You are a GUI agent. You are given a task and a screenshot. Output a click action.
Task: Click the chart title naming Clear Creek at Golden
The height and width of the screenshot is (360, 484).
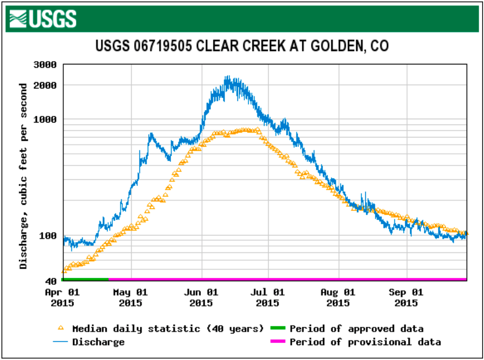point(242,46)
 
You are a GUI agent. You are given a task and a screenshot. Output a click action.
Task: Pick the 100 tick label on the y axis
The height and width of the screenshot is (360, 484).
point(49,236)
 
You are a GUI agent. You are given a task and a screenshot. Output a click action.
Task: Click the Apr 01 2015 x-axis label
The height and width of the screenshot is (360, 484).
point(62,298)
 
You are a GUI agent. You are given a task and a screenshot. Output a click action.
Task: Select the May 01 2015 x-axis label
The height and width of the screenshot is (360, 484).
point(131,298)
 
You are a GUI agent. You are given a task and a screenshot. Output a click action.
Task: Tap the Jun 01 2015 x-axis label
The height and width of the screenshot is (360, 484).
point(201,298)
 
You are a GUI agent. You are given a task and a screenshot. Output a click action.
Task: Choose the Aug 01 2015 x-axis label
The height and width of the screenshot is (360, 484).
point(338,298)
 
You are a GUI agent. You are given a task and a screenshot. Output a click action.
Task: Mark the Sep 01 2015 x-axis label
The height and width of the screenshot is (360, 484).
point(407,298)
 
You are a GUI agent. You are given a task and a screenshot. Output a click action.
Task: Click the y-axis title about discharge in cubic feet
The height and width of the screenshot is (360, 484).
point(23,176)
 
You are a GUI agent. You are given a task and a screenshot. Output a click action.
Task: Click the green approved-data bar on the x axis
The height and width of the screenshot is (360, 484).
point(85,279)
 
